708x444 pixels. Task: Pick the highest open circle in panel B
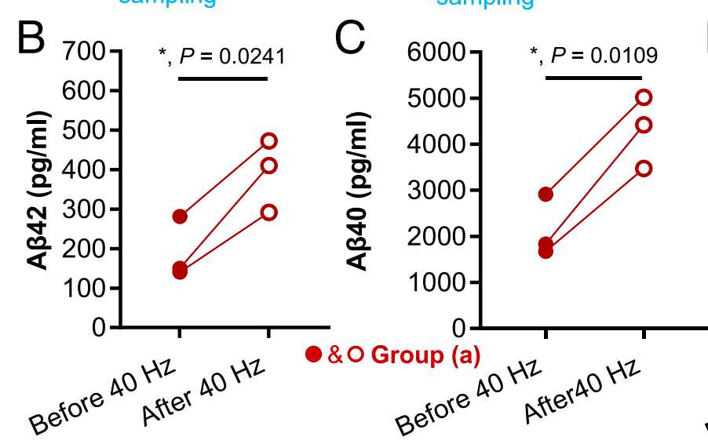click(268, 141)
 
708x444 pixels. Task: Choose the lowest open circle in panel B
click(268, 213)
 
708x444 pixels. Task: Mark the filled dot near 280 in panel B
click(180, 217)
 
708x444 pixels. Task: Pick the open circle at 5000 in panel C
click(644, 97)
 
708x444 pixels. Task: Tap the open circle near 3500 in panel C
click(644, 169)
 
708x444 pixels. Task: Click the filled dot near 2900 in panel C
click(546, 194)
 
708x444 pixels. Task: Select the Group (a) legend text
click(425, 355)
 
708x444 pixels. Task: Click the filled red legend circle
click(313, 355)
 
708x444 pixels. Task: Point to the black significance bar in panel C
click(594, 78)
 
